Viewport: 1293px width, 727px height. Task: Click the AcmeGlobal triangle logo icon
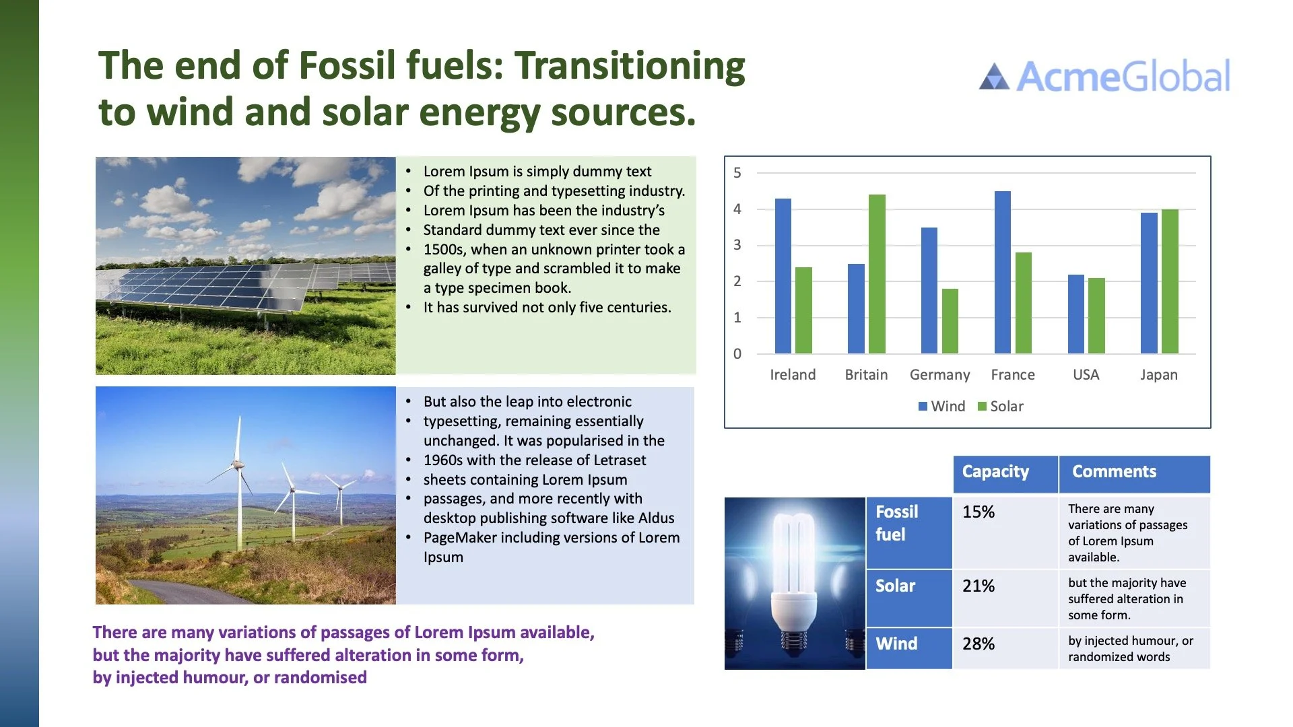coord(994,77)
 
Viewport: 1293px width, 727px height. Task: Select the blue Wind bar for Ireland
coord(783,276)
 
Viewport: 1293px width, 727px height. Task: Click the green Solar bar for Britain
coord(877,274)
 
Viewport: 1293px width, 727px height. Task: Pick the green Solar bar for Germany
coord(950,321)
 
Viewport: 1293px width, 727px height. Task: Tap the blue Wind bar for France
coord(1003,273)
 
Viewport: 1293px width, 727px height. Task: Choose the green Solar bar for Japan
coord(1170,281)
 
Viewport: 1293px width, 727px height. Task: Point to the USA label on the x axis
coord(1086,375)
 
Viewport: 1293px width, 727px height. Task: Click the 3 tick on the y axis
coord(737,245)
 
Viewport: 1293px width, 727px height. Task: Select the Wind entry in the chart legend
coord(941,407)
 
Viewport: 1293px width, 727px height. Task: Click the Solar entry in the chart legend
coord(1001,407)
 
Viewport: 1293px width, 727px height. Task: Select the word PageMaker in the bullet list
coord(459,538)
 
